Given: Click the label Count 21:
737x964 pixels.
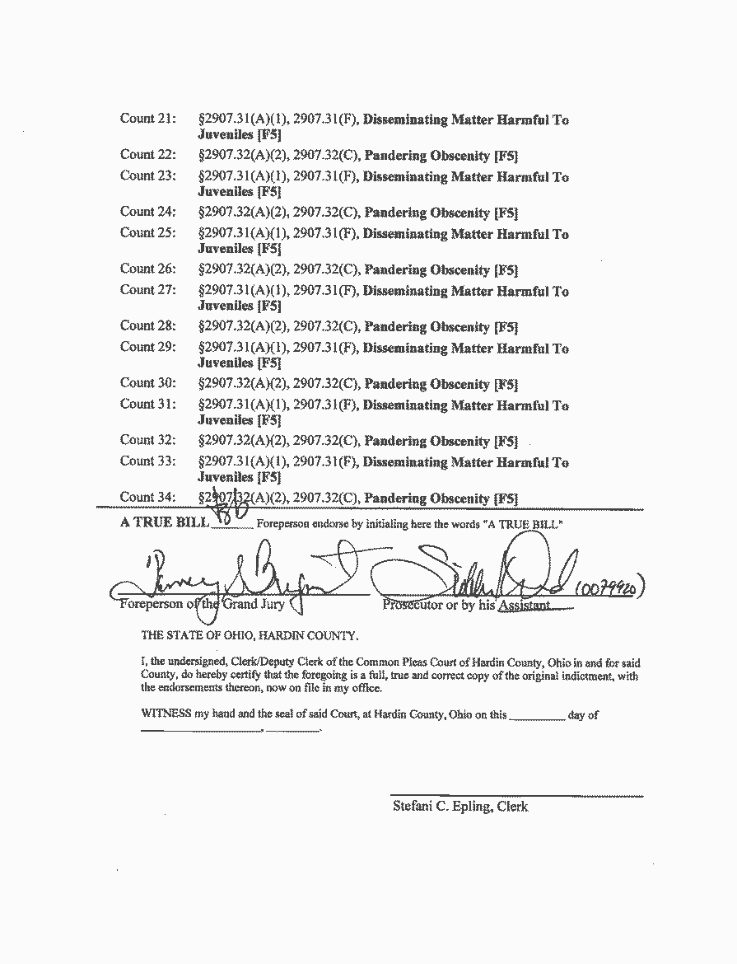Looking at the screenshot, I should [148, 119].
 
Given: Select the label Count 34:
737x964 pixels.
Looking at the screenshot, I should [148, 497].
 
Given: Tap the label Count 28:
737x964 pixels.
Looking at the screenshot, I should [148, 325].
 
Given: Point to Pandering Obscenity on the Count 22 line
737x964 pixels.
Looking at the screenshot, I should [427, 156].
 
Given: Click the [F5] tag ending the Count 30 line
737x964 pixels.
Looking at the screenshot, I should [506, 384].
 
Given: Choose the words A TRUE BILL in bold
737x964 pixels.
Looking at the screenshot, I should [165, 523].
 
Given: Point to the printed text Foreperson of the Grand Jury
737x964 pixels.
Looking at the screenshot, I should [202, 605].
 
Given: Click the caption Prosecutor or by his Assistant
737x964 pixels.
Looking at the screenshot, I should [466, 606].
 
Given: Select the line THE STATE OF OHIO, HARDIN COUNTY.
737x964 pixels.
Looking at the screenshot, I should [250, 635].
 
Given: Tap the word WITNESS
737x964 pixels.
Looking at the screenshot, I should [166, 715].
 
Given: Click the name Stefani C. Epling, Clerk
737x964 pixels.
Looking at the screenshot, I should [460, 807].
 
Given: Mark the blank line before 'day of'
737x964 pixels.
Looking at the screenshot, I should [537, 719].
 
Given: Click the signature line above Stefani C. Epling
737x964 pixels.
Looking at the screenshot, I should [516, 796].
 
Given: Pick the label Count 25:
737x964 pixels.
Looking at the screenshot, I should [148, 233].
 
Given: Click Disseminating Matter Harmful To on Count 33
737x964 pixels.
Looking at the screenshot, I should [466, 462].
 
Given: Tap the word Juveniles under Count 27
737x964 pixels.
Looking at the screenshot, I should [226, 306].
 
